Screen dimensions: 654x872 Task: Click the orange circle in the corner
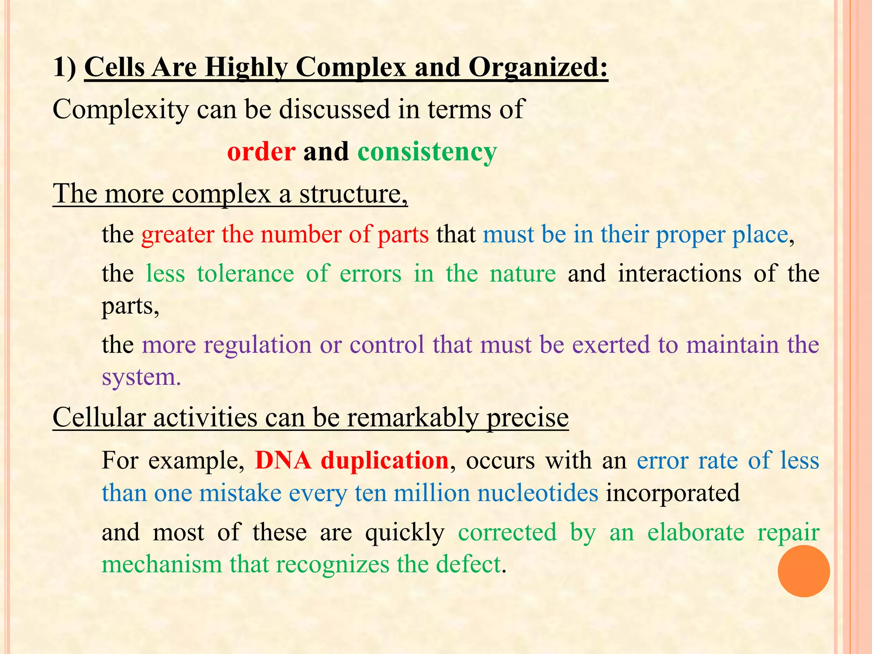(803, 571)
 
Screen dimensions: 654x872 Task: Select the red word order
(261, 152)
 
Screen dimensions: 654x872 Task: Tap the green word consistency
(427, 152)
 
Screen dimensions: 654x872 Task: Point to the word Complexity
(120, 109)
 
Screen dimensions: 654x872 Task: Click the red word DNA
(283, 461)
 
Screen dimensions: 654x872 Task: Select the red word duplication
(384, 461)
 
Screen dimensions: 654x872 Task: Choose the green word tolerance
(245, 273)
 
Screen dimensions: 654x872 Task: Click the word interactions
(680, 273)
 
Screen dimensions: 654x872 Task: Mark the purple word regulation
(258, 344)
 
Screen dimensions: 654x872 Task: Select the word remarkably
(413, 418)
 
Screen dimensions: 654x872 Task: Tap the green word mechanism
(162, 565)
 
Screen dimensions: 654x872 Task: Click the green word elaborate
(696, 532)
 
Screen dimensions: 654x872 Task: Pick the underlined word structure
(353, 194)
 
